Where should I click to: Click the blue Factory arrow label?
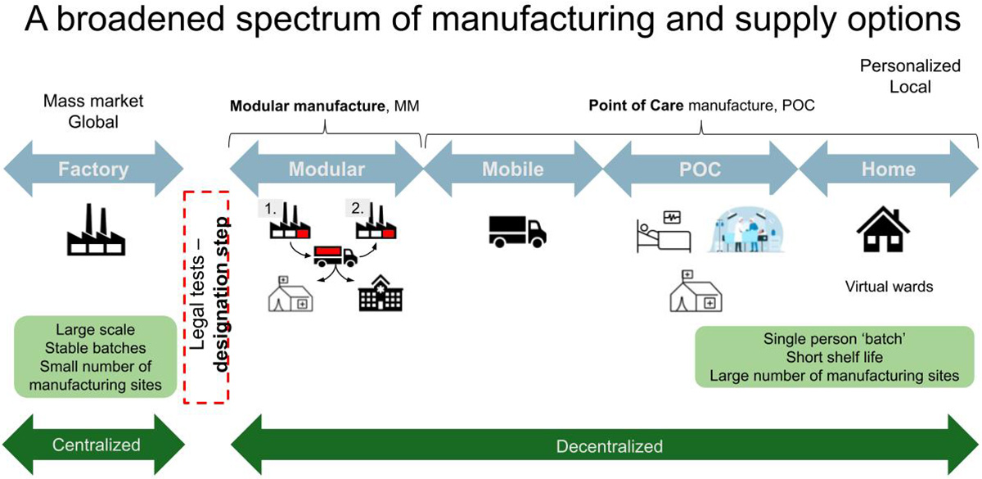click(x=93, y=170)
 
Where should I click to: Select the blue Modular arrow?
click(x=327, y=170)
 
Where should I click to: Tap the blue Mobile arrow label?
click(x=512, y=170)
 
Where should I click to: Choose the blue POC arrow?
click(x=700, y=170)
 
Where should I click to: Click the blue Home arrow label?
click(x=888, y=170)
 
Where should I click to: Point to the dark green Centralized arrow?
click(x=96, y=445)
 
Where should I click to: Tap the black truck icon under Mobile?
click(x=516, y=232)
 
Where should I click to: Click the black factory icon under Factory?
click(x=92, y=232)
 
